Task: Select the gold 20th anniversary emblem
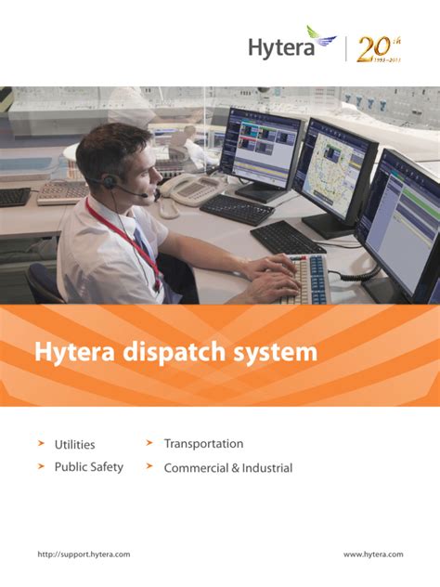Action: (377, 48)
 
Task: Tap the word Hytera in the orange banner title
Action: (71, 353)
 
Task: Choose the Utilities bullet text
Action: (74, 445)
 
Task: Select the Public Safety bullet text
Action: (88, 467)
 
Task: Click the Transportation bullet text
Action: (203, 444)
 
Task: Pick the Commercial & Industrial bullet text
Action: (227, 468)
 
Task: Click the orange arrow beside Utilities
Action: (42, 444)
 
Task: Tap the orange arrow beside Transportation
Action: (149, 443)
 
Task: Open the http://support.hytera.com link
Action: (84, 554)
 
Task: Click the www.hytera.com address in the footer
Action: (373, 554)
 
